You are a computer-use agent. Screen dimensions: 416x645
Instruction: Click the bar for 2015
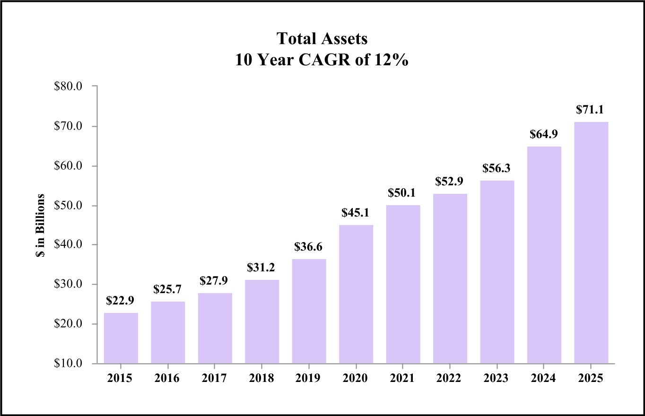(121, 338)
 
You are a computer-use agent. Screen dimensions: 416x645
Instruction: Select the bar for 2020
(356, 294)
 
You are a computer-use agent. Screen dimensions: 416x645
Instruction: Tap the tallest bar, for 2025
(591, 243)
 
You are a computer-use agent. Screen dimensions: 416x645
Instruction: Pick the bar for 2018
(262, 321)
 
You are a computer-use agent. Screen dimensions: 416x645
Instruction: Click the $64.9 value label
(544, 135)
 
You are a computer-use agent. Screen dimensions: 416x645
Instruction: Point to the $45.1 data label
(356, 213)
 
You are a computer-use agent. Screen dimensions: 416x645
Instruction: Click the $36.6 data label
(309, 247)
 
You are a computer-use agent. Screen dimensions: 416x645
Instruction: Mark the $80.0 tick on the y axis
(69, 87)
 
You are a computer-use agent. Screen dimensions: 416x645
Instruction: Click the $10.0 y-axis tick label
(69, 364)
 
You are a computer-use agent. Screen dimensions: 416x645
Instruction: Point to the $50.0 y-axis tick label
(69, 206)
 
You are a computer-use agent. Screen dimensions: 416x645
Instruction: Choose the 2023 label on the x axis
(497, 379)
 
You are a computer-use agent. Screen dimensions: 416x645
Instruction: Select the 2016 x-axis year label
(168, 379)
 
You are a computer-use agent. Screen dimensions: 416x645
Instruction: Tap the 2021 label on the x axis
(403, 379)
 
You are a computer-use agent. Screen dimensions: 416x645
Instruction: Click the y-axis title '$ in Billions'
(41, 225)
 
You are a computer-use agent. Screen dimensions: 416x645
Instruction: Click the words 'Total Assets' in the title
(322, 39)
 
